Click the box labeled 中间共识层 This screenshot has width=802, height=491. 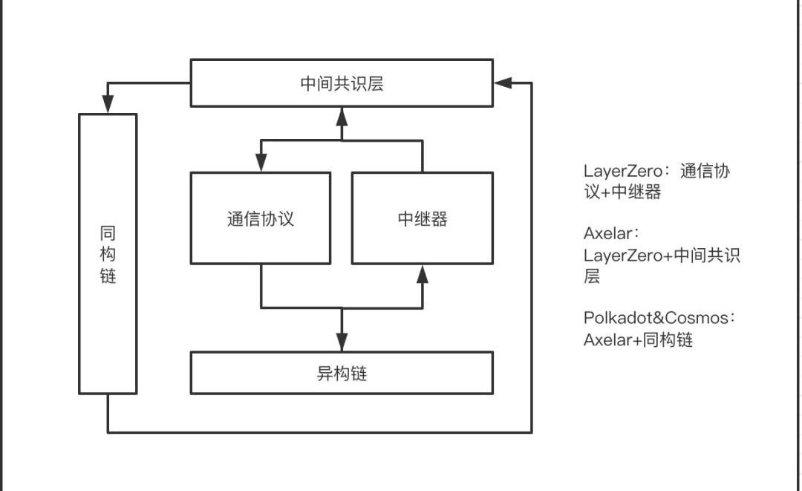[x=342, y=82]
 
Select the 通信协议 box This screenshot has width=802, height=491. [x=261, y=218]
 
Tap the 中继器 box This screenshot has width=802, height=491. [x=422, y=218]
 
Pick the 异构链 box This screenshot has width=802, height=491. [x=342, y=373]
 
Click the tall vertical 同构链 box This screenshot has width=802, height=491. [x=108, y=253]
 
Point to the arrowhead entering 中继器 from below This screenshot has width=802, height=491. [x=423, y=273]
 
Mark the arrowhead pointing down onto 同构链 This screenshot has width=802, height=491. [x=108, y=105]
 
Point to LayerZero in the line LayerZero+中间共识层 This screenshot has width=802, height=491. [x=622, y=255]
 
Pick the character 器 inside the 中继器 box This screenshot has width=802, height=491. [x=438, y=219]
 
